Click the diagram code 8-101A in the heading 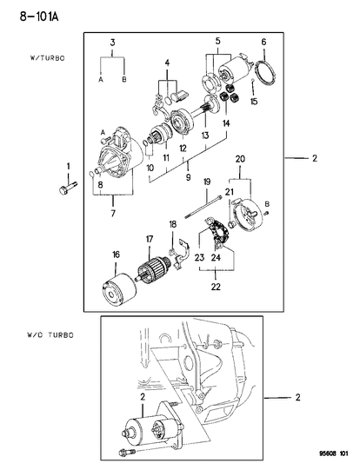click(x=39, y=17)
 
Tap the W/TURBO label click(x=47, y=58)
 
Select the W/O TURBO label click(x=50, y=334)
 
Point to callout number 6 click(x=263, y=42)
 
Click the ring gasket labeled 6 click(x=265, y=72)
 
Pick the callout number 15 click(x=254, y=102)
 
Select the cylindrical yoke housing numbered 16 click(x=118, y=289)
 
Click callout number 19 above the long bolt click(x=207, y=182)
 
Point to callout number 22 click(x=216, y=287)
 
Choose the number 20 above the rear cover click(x=240, y=159)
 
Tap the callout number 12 click(x=183, y=149)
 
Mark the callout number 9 click(x=189, y=177)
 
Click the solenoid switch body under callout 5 click(x=235, y=72)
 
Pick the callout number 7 click(x=113, y=213)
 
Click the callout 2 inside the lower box click(x=143, y=397)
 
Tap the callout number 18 click(x=173, y=224)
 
